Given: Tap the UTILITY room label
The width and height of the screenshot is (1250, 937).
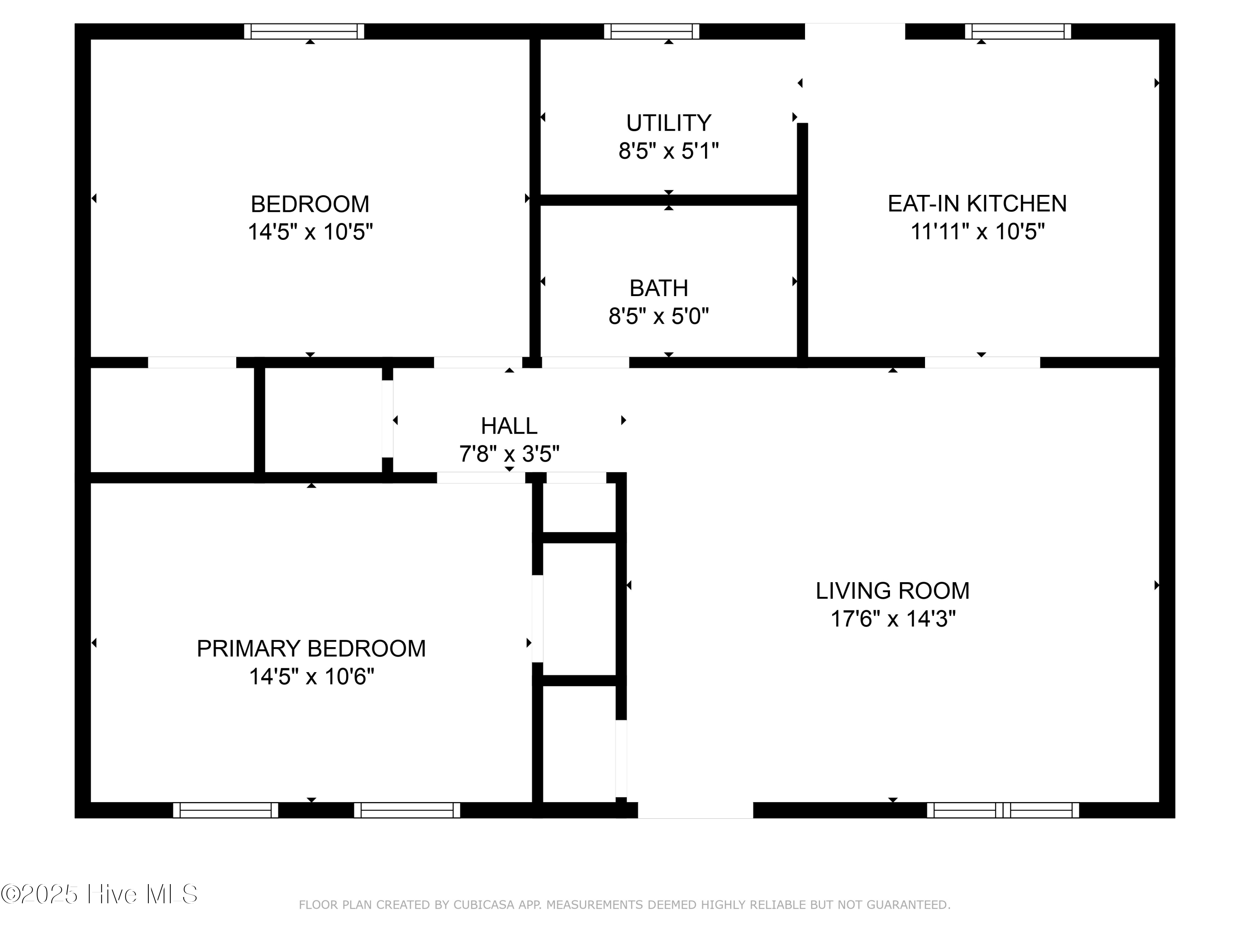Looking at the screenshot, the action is tap(668, 123).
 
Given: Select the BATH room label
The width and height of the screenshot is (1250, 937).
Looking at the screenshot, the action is tap(659, 289).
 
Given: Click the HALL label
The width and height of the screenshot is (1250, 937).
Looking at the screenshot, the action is tap(509, 426).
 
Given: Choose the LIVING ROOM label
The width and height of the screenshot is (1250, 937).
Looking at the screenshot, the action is tap(892, 591).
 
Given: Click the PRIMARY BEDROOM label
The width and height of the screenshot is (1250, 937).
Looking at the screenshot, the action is tap(311, 649).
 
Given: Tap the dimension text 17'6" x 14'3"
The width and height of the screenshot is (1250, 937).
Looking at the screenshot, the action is tap(893, 619).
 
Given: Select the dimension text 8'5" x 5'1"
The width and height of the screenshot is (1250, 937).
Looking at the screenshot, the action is tap(668, 151).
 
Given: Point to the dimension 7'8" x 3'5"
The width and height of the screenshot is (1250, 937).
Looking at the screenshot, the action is tap(509, 454).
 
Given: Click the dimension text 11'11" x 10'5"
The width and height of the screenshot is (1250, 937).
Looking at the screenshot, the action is tap(977, 232).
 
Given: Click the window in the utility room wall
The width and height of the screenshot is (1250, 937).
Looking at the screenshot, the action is tap(652, 32).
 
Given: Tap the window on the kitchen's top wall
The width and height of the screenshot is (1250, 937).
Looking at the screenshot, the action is tap(1018, 32).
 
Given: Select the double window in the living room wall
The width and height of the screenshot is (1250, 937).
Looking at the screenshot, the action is tap(1003, 810).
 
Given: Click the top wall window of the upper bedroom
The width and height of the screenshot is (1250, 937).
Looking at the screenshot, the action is tap(304, 32).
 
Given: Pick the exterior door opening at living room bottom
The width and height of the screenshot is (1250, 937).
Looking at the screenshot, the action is tap(696, 810).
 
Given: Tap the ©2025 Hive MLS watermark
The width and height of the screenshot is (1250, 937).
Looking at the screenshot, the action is tap(100, 894).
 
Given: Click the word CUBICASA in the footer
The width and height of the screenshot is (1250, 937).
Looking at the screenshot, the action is tap(484, 905).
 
